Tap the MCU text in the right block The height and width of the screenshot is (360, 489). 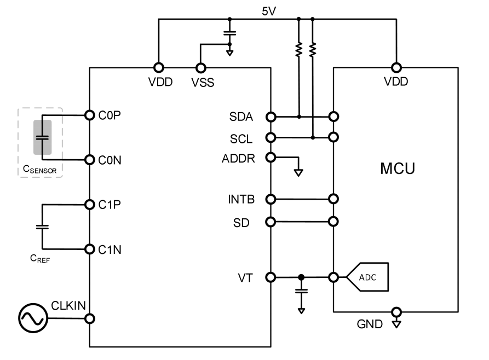click(398, 169)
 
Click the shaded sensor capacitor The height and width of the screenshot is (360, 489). click(43, 137)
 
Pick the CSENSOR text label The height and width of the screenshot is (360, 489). click(40, 170)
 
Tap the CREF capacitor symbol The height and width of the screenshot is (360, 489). click(42, 226)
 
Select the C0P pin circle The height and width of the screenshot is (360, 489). click(90, 115)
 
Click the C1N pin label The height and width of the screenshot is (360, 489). click(111, 249)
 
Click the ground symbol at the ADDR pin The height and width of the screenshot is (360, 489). click(298, 172)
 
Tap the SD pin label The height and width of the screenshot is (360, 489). click(244, 223)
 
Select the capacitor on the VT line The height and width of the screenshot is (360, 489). click(301, 291)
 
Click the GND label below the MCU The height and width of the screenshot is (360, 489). click(370, 324)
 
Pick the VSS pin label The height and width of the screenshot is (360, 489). click(203, 83)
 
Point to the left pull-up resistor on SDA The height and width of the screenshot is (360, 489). click(298, 50)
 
